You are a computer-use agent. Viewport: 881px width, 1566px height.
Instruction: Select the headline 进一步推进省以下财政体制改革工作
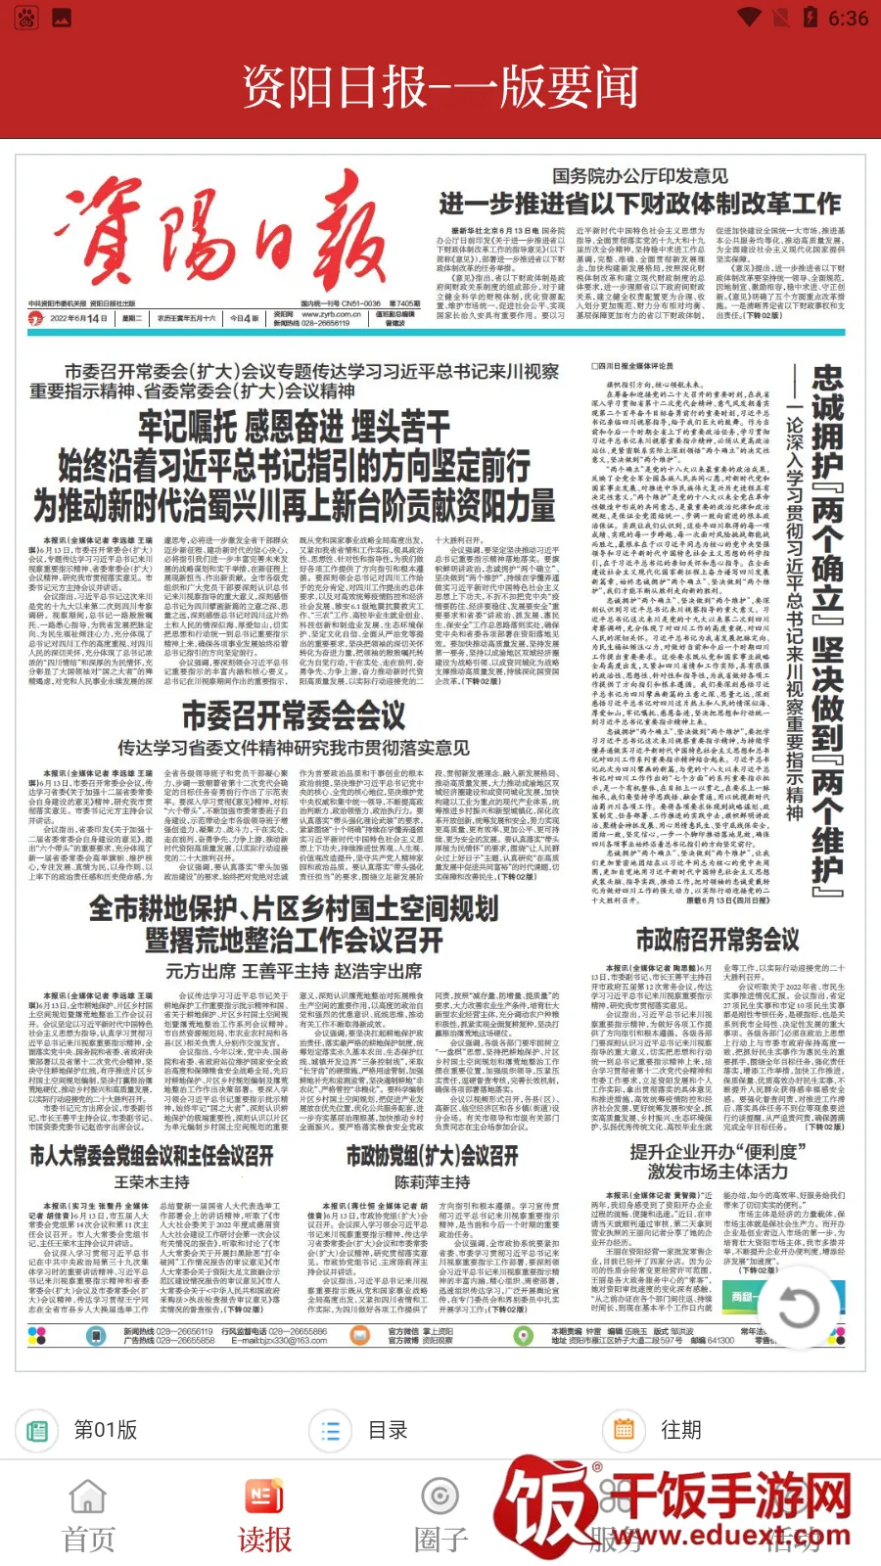(639, 204)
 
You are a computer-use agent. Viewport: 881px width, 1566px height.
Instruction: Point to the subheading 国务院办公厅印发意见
(639, 176)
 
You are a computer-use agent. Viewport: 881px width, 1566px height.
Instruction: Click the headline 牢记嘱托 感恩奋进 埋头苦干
(294, 427)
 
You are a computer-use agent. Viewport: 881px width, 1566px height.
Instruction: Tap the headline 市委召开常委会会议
(294, 715)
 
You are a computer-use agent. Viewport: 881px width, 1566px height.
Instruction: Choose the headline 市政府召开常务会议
(718, 941)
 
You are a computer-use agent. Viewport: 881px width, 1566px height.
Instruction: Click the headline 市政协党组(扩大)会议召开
(432, 1156)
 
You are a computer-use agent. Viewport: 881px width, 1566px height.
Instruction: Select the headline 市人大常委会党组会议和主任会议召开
(152, 1156)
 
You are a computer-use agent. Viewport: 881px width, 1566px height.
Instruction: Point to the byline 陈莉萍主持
(432, 1182)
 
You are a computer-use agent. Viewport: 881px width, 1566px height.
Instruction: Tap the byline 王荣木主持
(152, 1182)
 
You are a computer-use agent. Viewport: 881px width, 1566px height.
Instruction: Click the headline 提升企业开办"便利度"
(718, 1151)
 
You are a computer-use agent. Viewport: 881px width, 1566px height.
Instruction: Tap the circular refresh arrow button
(798, 1307)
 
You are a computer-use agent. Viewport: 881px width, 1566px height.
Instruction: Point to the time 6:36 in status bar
(848, 19)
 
